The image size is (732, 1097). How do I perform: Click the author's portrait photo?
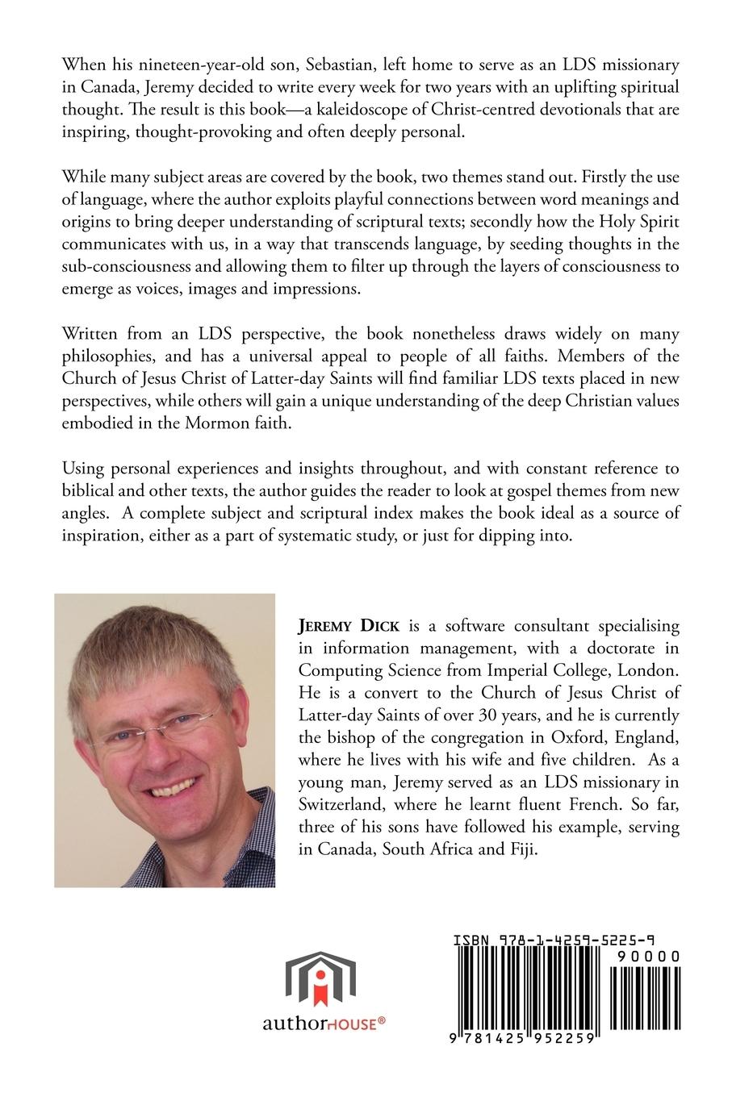[x=165, y=740]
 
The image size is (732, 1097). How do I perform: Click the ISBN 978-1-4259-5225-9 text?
[x=554, y=941]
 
